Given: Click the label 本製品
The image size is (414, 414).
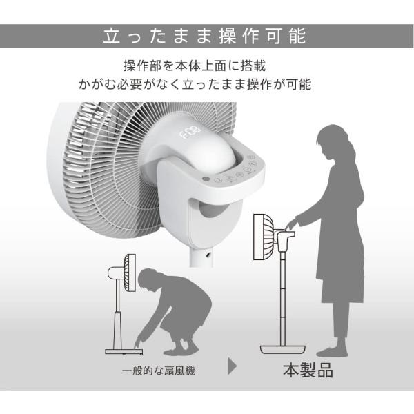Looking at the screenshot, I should point(308,370).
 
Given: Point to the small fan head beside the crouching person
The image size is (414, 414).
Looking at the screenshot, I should point(130,272).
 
